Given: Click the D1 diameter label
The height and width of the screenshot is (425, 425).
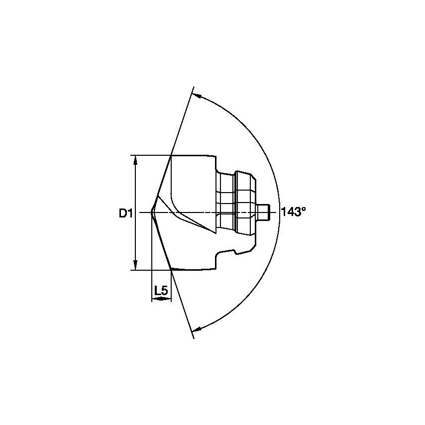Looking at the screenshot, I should tap(124, 213).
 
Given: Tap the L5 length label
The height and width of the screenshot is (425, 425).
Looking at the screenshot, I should tap(161, 291).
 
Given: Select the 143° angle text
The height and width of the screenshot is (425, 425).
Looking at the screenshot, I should tap(293, 212).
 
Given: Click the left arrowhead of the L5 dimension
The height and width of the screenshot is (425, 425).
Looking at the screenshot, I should tap(153, 300).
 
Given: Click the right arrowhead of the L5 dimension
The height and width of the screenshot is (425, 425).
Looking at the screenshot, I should tap(169, 300).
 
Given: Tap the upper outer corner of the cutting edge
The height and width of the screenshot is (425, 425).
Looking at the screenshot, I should tap(171, 156).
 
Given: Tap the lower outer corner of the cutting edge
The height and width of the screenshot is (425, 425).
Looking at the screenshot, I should tap(171, 269).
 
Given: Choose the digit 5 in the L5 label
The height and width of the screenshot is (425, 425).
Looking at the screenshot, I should tap(164, 291).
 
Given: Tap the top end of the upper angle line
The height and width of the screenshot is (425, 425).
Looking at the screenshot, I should tap(192, 88).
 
